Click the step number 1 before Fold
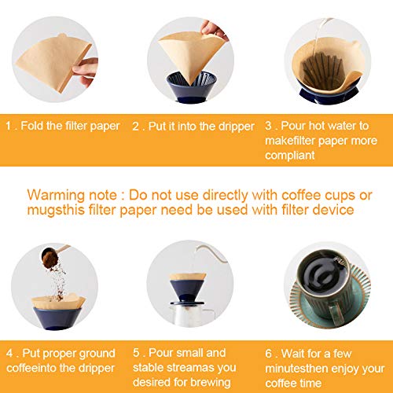point(9,125)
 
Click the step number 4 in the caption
point(9,352)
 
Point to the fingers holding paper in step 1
point(88,68)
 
